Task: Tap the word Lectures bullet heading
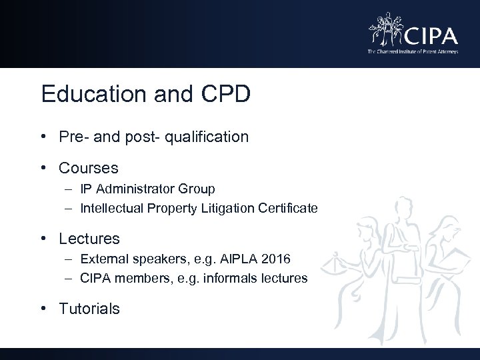click(89, 238)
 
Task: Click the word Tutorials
click(89, 309)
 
